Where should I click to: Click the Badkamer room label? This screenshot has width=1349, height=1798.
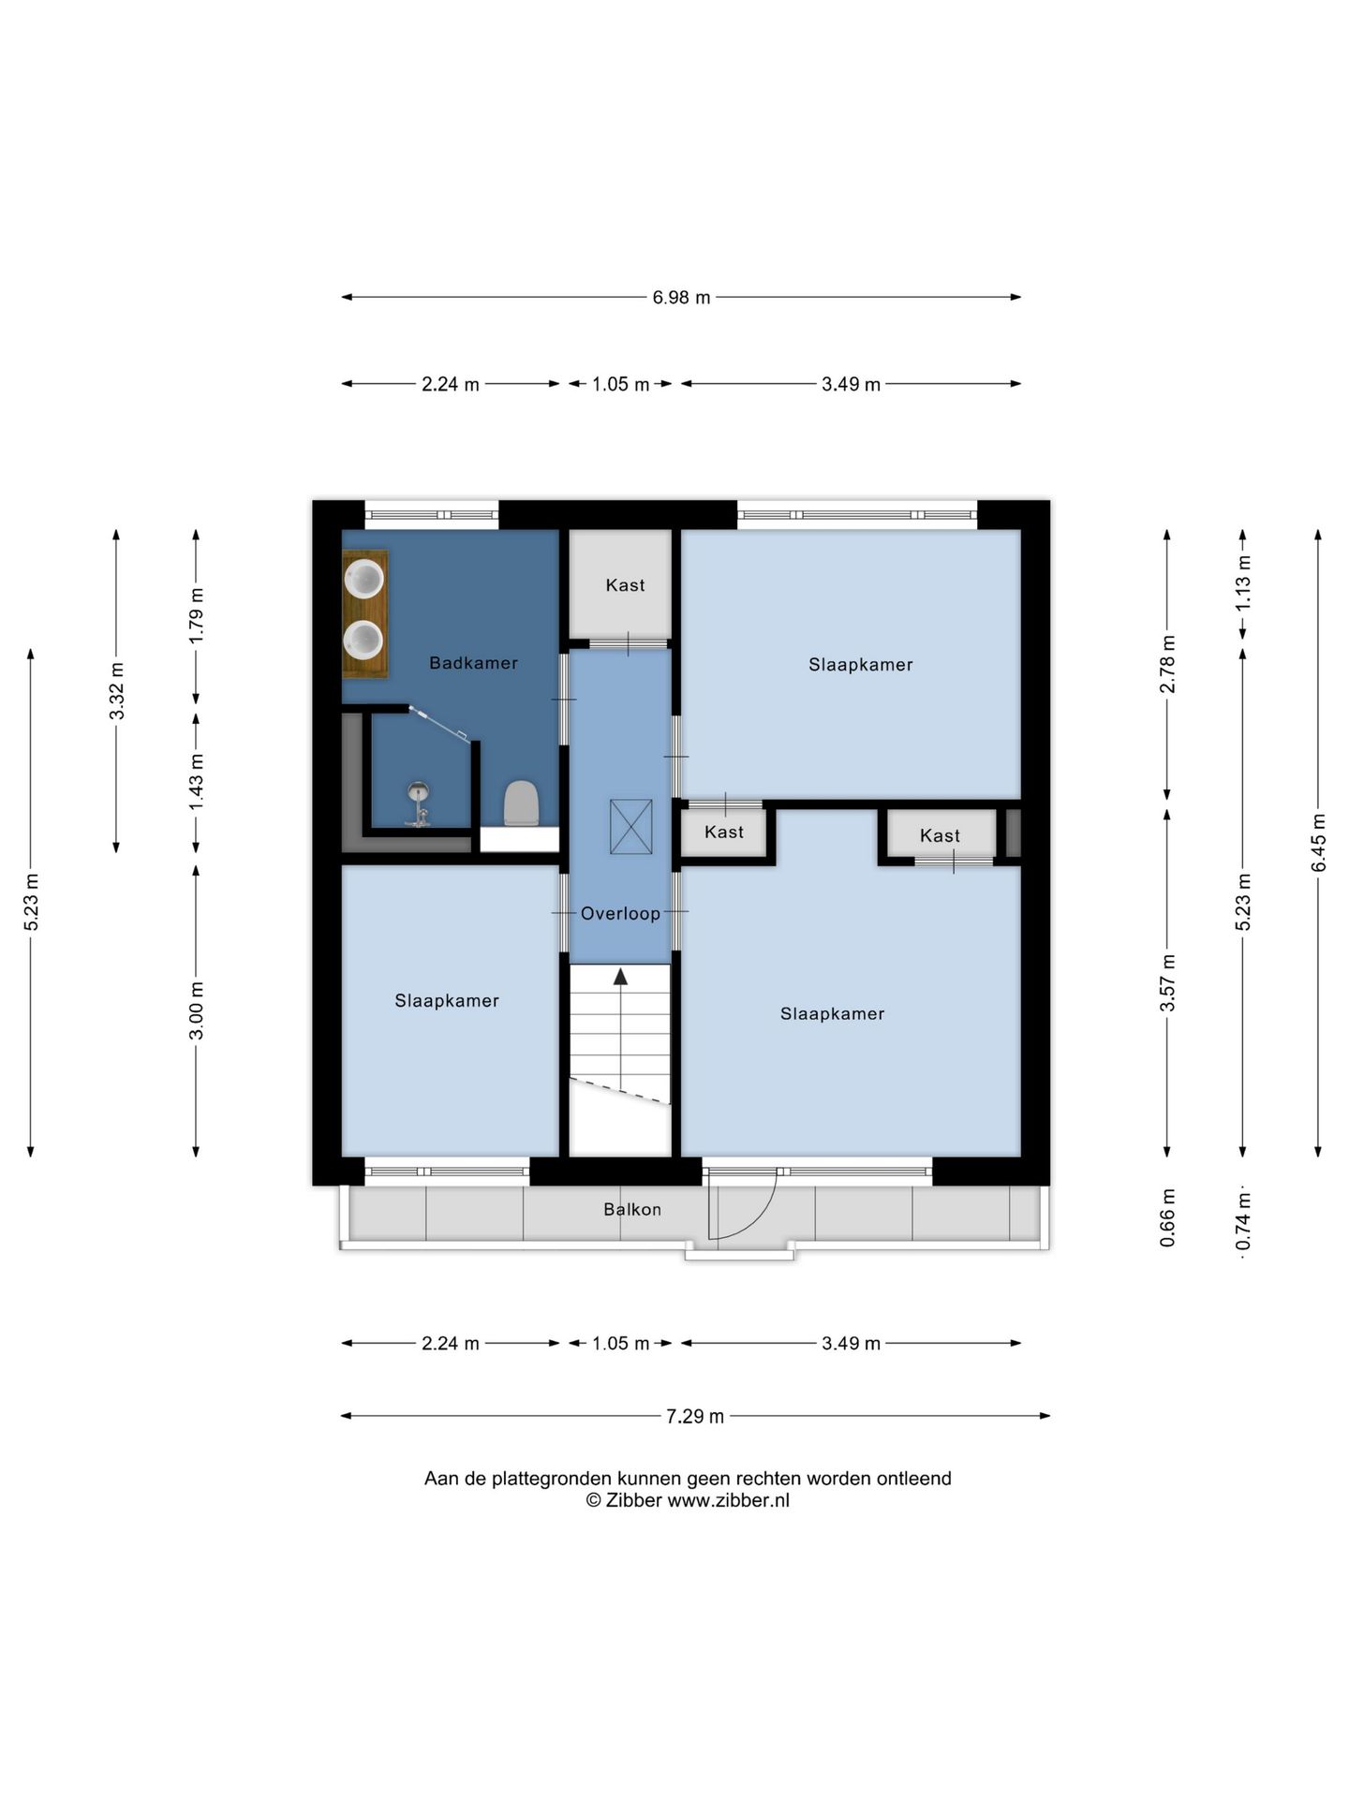tap(473, 663)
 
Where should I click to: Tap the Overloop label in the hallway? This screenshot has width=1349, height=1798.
tap(620, 914)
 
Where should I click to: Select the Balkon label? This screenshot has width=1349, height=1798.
tap(632, 1209)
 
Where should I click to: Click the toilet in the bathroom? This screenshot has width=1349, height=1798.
tap(522, 803)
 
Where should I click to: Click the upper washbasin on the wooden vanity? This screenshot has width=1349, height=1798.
tap(364, 578)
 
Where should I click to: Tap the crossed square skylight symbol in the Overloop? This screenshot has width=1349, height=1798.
tap(630, 826)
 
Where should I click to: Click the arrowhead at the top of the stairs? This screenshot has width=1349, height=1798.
tap(620, 976)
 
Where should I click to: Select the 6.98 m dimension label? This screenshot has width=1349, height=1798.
tap(681, 298)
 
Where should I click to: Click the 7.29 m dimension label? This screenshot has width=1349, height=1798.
tap(695, 1416)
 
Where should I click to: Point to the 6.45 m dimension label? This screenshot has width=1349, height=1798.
tap(1318, 842)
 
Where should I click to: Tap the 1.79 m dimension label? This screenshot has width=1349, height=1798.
tap(196, 615)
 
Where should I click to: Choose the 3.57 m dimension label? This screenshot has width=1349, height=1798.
tap(1167, 983)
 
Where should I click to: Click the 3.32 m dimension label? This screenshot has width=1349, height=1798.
tap(116, 691)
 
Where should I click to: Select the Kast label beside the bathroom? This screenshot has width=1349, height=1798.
tap(625, 585)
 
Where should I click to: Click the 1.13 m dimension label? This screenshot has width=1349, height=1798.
tap(1243, 582)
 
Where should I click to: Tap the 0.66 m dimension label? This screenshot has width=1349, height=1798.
tap(1167, 1217)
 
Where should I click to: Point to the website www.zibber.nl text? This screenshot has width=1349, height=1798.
tap(728, 1500)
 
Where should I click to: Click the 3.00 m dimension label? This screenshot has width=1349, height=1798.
tap(196, 1010)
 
